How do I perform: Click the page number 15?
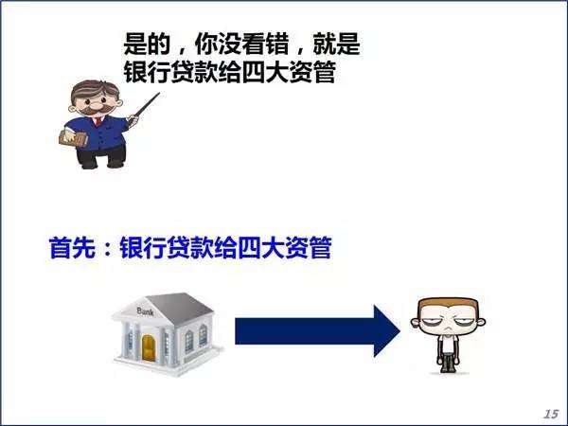click(551, 414)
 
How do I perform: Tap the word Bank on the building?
click(146, 311)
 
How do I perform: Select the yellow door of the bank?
click(149, 347)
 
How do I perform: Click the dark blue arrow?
click(317, 331)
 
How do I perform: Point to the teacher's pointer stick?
click(144, 108)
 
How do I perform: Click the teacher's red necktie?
click(98, 120)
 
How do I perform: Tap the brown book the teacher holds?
click(73, 139)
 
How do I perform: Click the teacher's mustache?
click(97, 109)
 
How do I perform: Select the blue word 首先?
click(72, 247)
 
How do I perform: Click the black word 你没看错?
click(242, 44)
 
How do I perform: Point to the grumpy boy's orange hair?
click(448, 305)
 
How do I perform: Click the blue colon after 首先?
click(107, 249)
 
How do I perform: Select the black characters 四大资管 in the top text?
click(288, 73)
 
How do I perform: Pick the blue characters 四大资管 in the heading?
click(284, 247)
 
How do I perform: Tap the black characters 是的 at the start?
click(147, 44)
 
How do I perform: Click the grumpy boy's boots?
click(449, 364)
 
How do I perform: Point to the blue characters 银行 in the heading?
click(143, 247)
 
